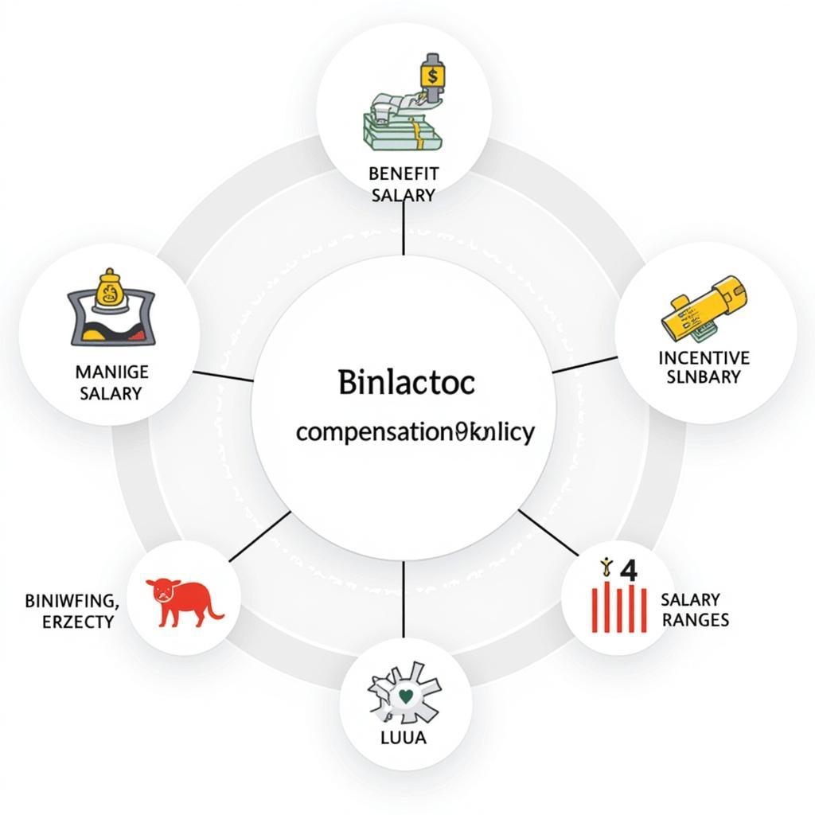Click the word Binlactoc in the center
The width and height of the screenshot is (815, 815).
406,383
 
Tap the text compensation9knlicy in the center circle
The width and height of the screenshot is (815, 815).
415,433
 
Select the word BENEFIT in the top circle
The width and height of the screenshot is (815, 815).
404,172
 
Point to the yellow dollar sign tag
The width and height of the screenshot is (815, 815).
432,77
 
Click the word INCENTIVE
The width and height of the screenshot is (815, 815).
704,358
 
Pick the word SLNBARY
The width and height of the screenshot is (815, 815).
704,377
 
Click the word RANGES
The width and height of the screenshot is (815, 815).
695,619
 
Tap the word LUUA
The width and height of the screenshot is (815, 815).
404,738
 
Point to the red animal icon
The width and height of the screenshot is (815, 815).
182,602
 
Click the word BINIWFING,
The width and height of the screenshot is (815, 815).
71,600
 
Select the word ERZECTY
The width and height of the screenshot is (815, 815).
77,621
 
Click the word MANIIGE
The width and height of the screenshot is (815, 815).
111,372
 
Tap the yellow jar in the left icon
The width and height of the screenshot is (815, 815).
109,292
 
